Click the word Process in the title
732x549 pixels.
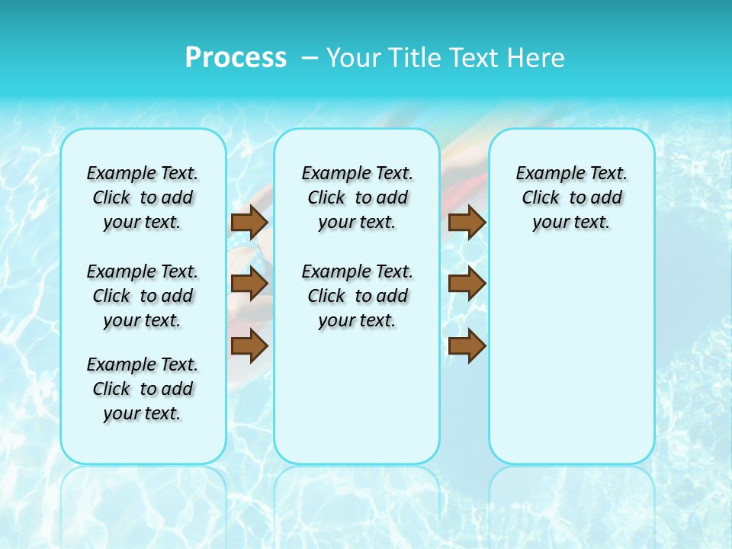point(236,57)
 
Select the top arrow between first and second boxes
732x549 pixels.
point(249,222)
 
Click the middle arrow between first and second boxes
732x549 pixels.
point(249,284)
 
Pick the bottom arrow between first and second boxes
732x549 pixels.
point(249,345)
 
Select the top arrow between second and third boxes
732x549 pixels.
point(467,222)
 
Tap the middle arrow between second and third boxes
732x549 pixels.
point(467,284)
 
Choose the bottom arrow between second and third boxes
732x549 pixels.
point(467,345)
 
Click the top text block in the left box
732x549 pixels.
point(143,197)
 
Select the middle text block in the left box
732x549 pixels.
point(143,296)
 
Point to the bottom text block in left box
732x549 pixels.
point(143,389)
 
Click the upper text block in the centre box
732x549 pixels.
point(357,197)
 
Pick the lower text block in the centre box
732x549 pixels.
point(357,296)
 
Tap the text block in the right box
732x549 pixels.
point(571,197)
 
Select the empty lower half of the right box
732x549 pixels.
point(571,366)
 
